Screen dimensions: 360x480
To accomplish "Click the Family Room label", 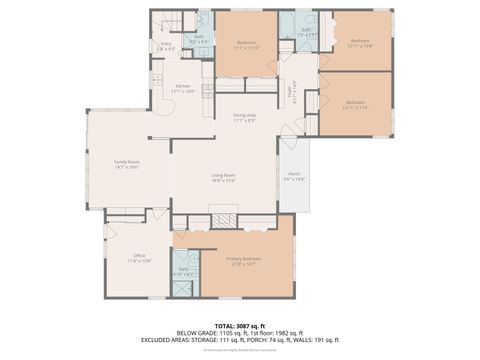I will [126, 162].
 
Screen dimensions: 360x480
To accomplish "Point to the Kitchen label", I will [183, 87].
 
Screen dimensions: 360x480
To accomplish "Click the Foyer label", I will [290, 88].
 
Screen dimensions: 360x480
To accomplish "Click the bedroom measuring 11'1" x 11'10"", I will [246, 44].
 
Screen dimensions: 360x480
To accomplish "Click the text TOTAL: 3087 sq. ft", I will [239, 323].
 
